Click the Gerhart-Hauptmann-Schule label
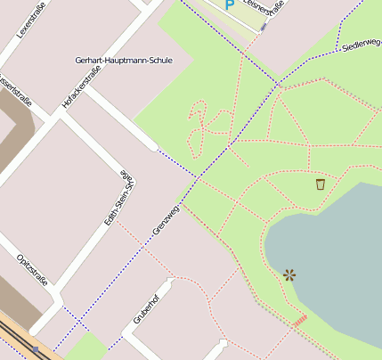pyautogui.click(x=123, y=61)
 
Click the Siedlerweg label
pyautogui.click(x=361, y=44)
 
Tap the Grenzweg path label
pyautogui.click(x=167, y=218)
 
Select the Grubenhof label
pyautogui.click(x=143, y=308)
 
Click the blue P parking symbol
pyautogui.click(x=229, y=4)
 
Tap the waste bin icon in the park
pyautogui.click(x=320, y=184)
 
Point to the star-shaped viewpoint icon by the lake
pyautogui.click(x=289, y=275)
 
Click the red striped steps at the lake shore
pyautogui.click(x=300, y=319)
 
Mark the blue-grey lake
pyautogui.click(x=334, y=258)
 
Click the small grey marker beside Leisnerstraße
pyautogui.click(x=264, y=27)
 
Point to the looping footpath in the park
pyautogui.click(x=207, y=125)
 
